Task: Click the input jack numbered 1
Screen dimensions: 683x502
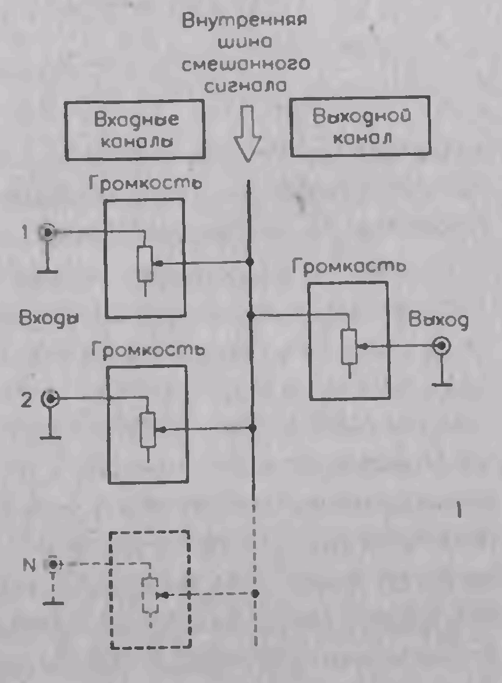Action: pos(47,233)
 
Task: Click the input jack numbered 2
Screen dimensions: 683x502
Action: pos(51,399)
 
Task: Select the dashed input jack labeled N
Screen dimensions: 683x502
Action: pos(54,564)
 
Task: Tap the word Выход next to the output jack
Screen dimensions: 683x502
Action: pos(437,320)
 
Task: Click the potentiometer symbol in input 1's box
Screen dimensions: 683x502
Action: pos(145,263)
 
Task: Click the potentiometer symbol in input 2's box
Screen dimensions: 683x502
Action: pos(149,430)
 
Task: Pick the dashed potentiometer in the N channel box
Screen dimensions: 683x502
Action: pos(150,595)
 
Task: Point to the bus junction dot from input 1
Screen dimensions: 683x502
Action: pos(251,263)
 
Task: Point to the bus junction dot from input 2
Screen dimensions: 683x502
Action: pos(252,428)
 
